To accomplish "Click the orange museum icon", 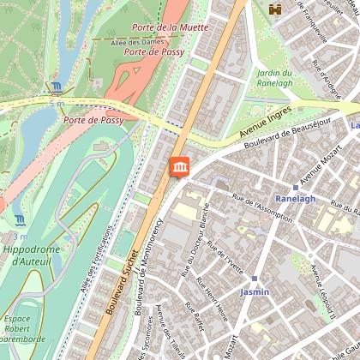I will tap(181, 167).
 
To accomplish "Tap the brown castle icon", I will tap(276, 9).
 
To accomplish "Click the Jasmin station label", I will tap(255, 291).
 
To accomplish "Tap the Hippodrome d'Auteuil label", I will tap(28, 255).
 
